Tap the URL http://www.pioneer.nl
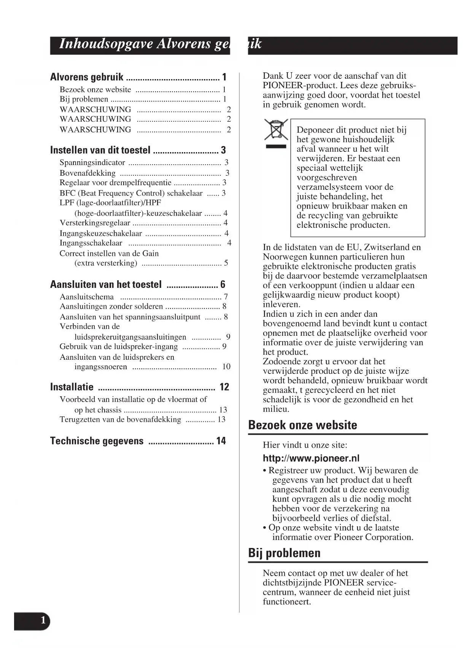coord(311,458)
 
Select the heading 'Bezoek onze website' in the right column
coord(302,425)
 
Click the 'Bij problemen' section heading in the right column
coord(284,553)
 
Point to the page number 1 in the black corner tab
coord(43,621)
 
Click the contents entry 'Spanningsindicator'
coord(92,163)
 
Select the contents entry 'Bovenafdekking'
coord(87,173)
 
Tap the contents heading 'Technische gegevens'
coord(97,441)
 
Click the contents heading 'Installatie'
coord(72,387)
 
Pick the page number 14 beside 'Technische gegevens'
coord(221,441)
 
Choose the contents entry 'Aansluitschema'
coord(87,297)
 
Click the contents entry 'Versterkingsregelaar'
coord(95,223)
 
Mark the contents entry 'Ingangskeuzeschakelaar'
coord(101,233)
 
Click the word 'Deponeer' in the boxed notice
coord(315,130)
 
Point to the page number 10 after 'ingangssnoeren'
coord(226,367)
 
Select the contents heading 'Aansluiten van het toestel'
coord(106,284)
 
